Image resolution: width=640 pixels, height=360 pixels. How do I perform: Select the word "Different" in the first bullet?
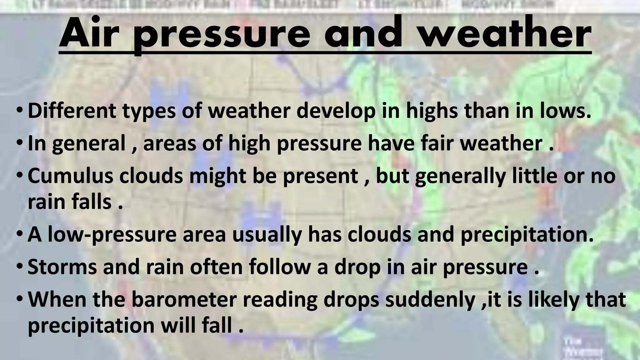(x=72, y=111)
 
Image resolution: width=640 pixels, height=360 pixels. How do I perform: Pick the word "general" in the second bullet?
(x=89, y=144)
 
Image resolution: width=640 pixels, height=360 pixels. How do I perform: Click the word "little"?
(x=534, y=176)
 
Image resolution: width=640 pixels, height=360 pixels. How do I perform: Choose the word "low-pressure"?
(x=112, y=235)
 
